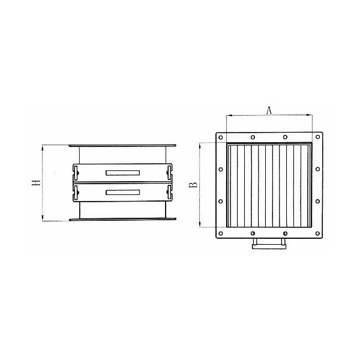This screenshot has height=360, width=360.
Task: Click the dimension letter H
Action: [36, 183]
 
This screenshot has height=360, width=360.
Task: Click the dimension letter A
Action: [269, 109]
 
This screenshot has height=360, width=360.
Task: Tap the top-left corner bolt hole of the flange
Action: [221, 137]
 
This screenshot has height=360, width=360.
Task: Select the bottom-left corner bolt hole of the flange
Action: [221, 233]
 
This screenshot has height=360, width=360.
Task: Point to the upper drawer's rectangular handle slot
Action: [122, 173]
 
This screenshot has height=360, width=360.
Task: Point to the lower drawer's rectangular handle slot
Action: [122, 193]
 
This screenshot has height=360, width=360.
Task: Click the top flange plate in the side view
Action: [122, 145]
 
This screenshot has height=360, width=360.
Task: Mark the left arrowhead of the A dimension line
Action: [227, 115]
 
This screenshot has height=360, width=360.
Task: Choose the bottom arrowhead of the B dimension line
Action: [200, 226]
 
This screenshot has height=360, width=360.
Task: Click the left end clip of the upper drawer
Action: [76, 173]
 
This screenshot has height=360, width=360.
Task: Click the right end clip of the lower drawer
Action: [169, 193]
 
